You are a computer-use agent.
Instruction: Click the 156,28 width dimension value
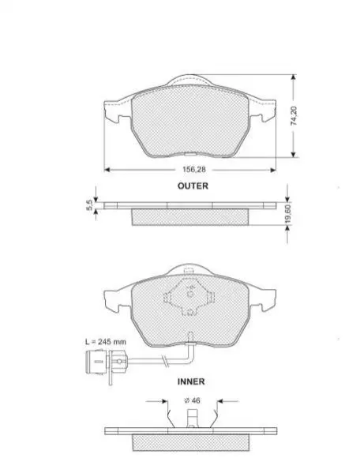coord(194,170)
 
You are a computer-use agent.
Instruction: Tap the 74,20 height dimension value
coord(294,115)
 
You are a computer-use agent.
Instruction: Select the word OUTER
coord(193,186)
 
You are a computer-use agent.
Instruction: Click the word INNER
coord(191,381)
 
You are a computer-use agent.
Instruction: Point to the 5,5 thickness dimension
coord(89,206)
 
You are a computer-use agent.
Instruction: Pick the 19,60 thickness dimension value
coord(288,214)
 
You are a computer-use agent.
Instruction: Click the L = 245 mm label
coord(106,342)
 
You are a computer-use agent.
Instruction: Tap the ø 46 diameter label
coord(192,400)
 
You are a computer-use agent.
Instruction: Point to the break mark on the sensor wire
coord(165,361)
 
